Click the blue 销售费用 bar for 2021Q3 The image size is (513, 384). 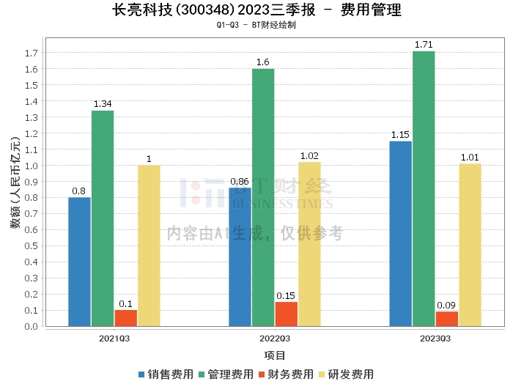tap(79, 262)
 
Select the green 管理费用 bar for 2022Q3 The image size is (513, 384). tap(263, 197)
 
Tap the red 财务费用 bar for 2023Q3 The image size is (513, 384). tap(446, 319)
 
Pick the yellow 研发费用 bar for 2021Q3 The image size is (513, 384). tap(149, 245)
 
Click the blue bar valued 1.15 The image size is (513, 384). tap(400, 233)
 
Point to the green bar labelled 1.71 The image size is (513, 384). tap(424, 188)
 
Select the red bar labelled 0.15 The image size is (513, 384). tap(286, 314)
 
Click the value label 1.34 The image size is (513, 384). tap(103, 103)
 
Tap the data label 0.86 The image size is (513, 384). tap(240, 181)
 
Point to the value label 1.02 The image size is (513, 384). tap(309, 155)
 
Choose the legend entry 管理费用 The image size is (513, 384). tap(225, 374)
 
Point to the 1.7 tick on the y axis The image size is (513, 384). tap(32, 53)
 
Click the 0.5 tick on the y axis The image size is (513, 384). tap(32, 246)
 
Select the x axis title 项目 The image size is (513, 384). tap(275, 355)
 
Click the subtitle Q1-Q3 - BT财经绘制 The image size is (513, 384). tap(256, 24)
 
